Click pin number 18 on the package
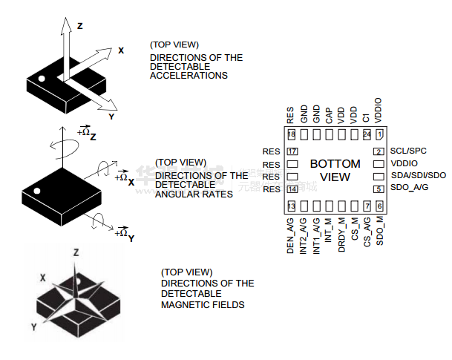[292, 134]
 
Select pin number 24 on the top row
[367, 134]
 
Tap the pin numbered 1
[379, 134]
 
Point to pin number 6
[379, 206]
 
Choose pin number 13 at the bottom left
[292, 206]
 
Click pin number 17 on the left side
[292, 151]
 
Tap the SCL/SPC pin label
[408, 151]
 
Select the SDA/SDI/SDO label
[418, 175]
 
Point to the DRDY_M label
[341, 235]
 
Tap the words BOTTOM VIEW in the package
[335, 170]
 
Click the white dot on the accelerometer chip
[42, 79]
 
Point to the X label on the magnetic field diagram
[43, 278]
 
